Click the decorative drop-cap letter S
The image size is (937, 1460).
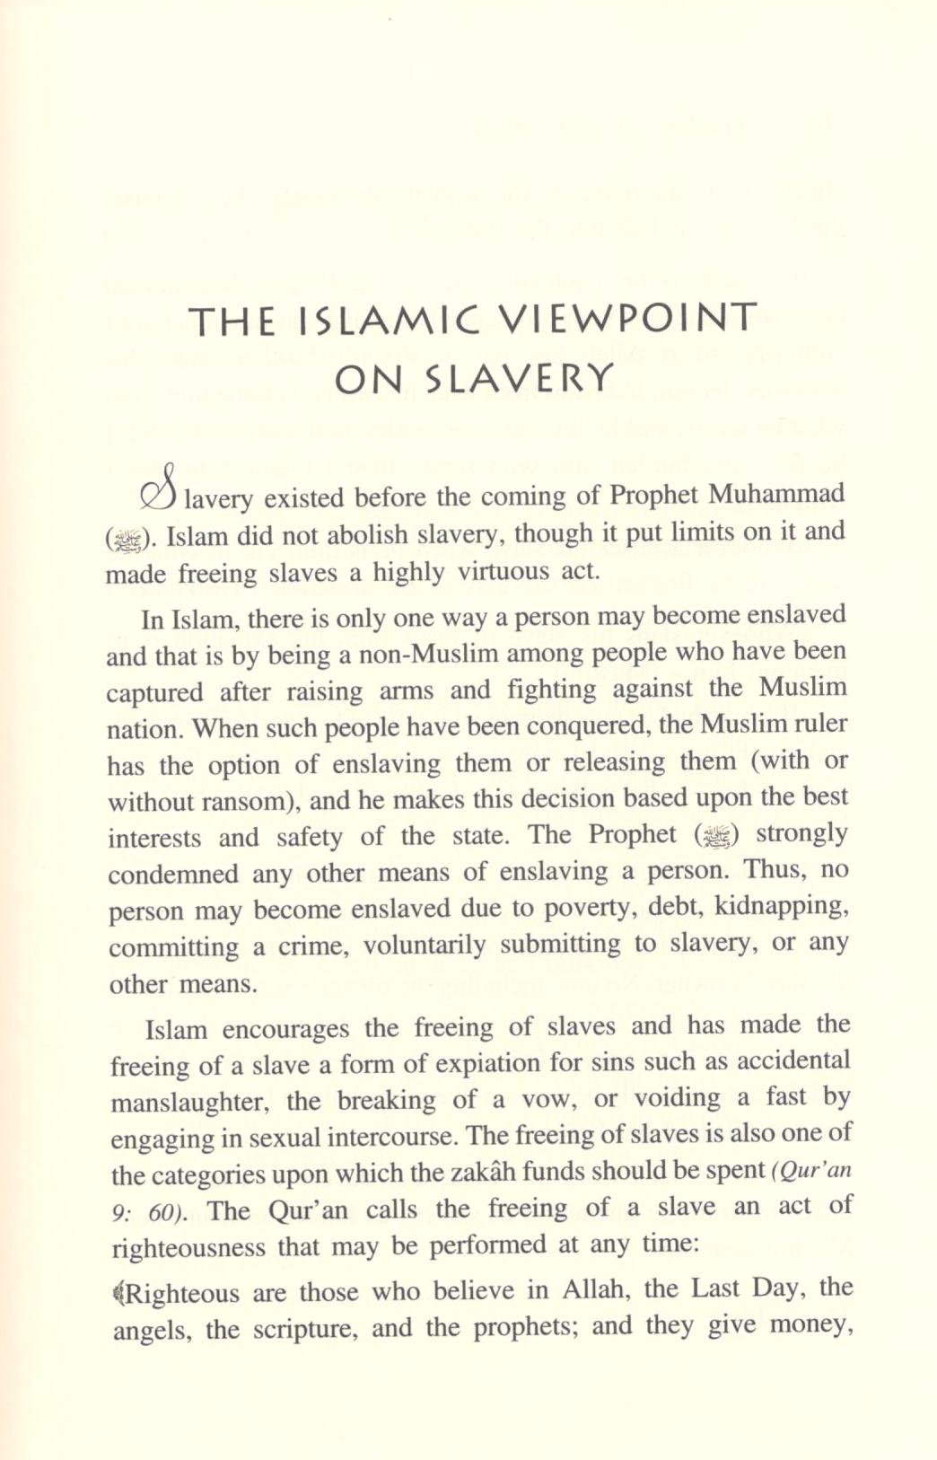(160, 489)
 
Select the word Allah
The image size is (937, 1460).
(595, 1290)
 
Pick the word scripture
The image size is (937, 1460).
(304, 1329)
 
